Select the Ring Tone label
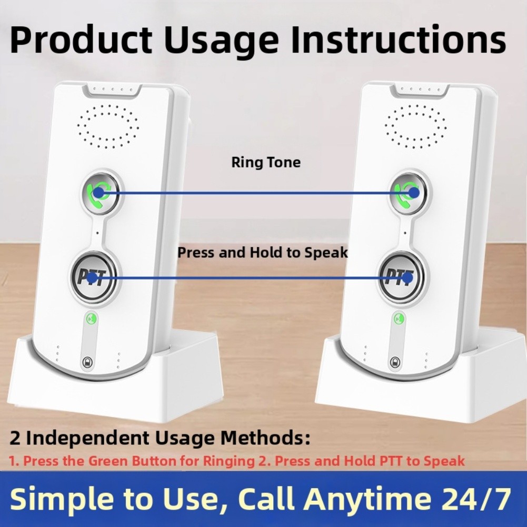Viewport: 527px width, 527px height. (x=266, y=162)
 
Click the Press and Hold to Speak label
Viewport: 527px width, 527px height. (x=263, y=253)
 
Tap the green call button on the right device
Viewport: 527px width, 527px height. (x=409, y=192)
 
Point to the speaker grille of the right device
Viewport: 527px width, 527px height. (x=415, y=125)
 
